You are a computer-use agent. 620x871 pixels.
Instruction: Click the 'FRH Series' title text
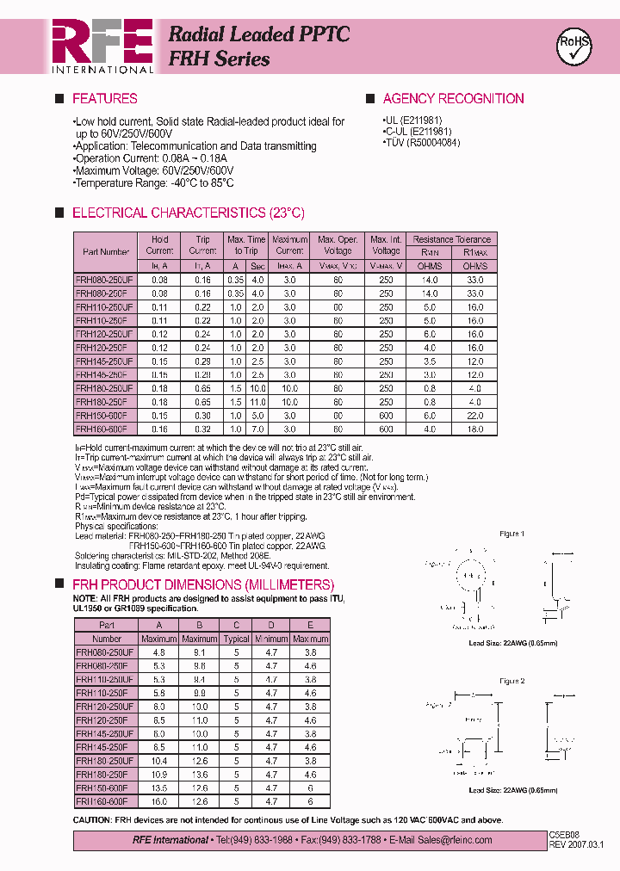pos(219,59)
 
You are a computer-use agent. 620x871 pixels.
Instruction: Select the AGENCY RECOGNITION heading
pos(453,99)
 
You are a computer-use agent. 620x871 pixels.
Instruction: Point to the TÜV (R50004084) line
pos(421,143)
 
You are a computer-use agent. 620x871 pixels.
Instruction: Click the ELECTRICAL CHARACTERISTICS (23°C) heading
pos(188,213)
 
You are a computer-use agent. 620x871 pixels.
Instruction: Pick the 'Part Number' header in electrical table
pos(106,252)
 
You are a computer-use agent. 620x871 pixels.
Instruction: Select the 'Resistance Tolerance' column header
pos(451,239)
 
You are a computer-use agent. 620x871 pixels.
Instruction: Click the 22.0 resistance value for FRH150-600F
pos(474,415)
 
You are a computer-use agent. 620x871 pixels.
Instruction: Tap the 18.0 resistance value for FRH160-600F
pos(474,429)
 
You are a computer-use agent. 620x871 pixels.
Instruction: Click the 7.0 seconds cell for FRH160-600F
pos(257,429)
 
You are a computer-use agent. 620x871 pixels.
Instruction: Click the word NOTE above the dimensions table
pos(84,598)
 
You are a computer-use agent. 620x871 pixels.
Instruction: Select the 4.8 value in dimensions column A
pos(158,652)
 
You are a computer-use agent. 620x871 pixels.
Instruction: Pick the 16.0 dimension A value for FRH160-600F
pos(158,801)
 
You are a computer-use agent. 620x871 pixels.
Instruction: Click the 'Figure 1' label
pos(512,534)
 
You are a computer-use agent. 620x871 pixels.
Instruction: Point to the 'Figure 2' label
pos(512,680)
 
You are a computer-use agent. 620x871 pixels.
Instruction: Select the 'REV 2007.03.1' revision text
pos(576,844)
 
